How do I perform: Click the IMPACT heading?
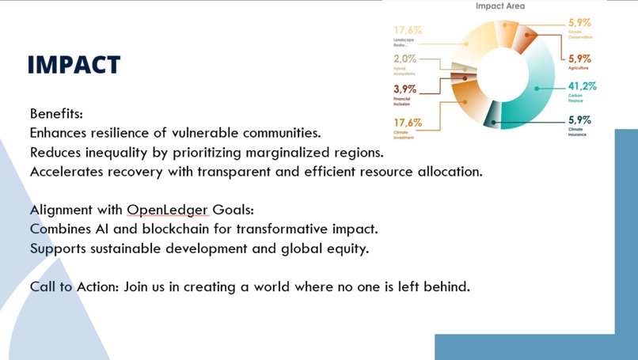pos(74,65)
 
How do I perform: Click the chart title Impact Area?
pos(499,6)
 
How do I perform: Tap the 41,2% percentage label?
pos(582,86)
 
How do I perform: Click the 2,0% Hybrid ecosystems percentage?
pos(404,59)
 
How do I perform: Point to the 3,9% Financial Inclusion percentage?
pos(405,89)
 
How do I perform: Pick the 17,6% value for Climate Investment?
pos(408,123)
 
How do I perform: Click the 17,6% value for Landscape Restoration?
pos(408,30)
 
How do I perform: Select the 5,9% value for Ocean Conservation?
pos(579,24)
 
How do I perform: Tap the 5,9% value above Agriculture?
pos(579,59)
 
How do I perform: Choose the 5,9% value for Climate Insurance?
pos(579,120)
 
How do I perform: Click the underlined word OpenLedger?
pos(167,210)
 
